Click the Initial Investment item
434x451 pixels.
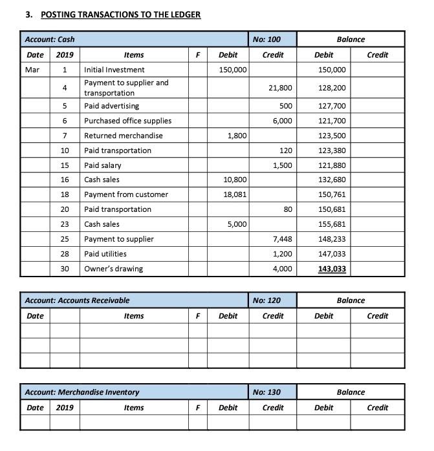point(114,70)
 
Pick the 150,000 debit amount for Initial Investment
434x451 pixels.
point(232,70)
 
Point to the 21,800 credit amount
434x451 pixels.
point(280,87)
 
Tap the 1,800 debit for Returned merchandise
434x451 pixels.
point(237,136)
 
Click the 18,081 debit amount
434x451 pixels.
point(234,194)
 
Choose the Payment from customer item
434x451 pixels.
point(126,194)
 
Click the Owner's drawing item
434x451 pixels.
point(114,269)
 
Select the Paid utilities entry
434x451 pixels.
point(105,254)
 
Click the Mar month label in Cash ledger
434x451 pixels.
point(32,70)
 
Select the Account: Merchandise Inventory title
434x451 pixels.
point(81,392)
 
